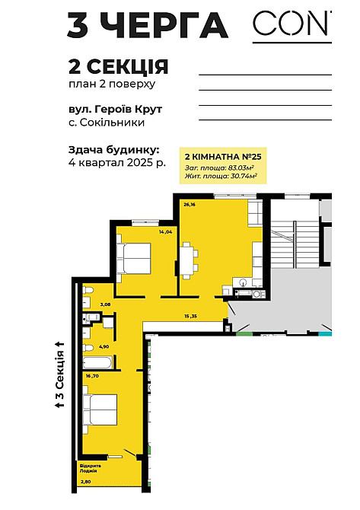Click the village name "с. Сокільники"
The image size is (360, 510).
(x=106, y=122)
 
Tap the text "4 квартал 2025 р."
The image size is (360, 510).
(x=116, y=163)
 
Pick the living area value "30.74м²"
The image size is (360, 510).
(x=241, y=176)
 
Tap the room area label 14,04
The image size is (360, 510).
(x=166, y=231)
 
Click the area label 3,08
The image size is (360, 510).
(x=106, y=304)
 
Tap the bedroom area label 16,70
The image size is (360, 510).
(x=93, y=375)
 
